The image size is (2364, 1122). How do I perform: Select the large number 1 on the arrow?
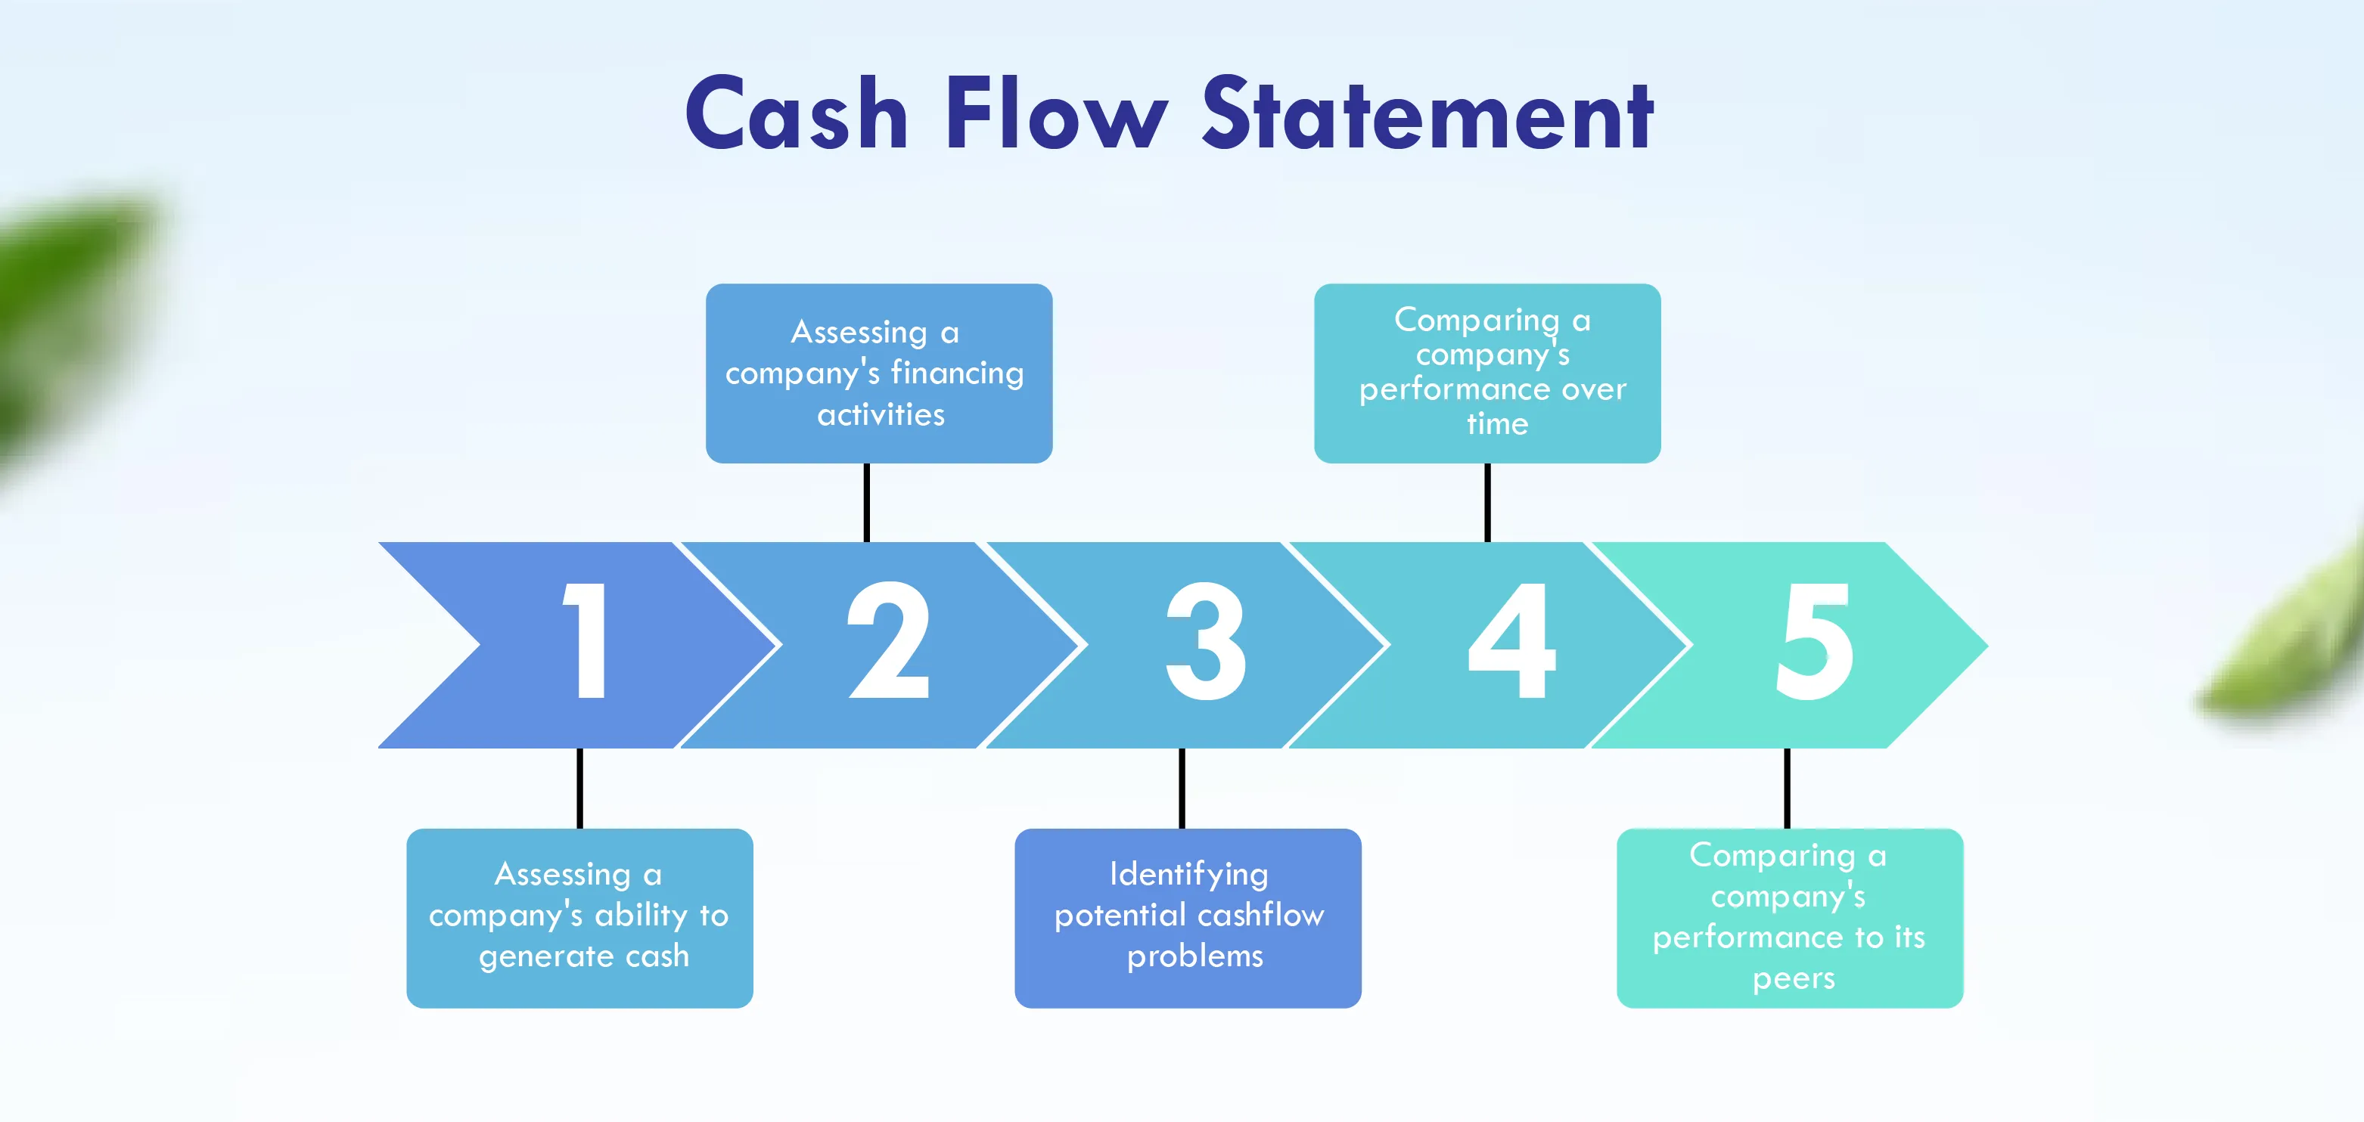coord(586,640)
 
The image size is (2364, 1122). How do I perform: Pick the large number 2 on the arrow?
coord(888,640)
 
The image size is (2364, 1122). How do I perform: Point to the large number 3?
coord(1206,640)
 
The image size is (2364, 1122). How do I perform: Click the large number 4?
coord(1512,640)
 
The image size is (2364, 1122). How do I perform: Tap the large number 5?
coord(1814,640)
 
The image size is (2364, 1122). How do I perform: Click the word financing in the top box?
coord(957,373)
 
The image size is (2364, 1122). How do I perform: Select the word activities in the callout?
coord(881,414)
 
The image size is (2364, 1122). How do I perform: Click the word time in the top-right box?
coord(1498,424)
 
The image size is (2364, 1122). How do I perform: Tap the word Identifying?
coord(1188,874)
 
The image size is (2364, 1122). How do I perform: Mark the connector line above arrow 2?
coord(866,503)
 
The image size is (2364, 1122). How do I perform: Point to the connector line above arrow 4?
coord(1487,503)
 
